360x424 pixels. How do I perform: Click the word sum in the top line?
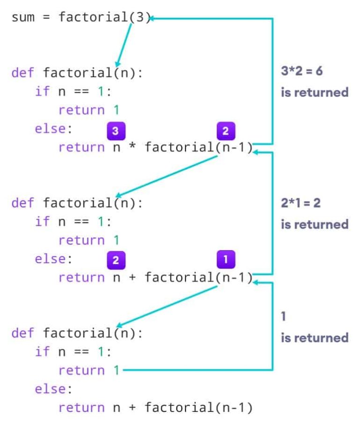point(23,18)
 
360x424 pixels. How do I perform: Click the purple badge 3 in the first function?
point(115,131)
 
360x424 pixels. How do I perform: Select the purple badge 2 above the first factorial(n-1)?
point(225,131)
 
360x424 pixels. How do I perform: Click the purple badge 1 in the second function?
point(225,259)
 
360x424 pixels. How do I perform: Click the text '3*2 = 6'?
point(301,72)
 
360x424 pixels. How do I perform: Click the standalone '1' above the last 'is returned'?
point(283,316)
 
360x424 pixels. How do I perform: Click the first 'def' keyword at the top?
point(22,73)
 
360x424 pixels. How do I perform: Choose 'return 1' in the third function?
point(89,370)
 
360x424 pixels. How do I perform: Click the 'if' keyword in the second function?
point(42,222)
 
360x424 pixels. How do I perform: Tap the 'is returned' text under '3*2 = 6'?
point(315,92)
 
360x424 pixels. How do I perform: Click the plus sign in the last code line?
point(132,407)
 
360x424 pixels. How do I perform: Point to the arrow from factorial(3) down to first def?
point(124,45)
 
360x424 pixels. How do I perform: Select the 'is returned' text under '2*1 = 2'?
point(315,224)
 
